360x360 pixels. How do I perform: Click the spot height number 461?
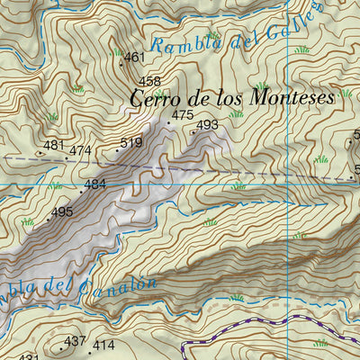tap(134, 58)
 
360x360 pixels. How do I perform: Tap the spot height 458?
tap(150, 82)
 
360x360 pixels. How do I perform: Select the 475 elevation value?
tap(182, 115)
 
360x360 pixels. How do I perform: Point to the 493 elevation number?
tap(207, 125)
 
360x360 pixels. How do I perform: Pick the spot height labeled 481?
tap(54, 145)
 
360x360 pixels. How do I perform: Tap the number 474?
tap(80, 150)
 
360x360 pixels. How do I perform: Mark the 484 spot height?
tap(95, 184)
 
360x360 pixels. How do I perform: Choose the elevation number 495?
tap(61, 212)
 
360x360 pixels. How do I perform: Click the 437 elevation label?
tap(75, 341)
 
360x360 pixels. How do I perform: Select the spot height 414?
tap(103, 345)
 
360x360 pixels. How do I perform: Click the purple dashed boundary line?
tap(261, 322)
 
